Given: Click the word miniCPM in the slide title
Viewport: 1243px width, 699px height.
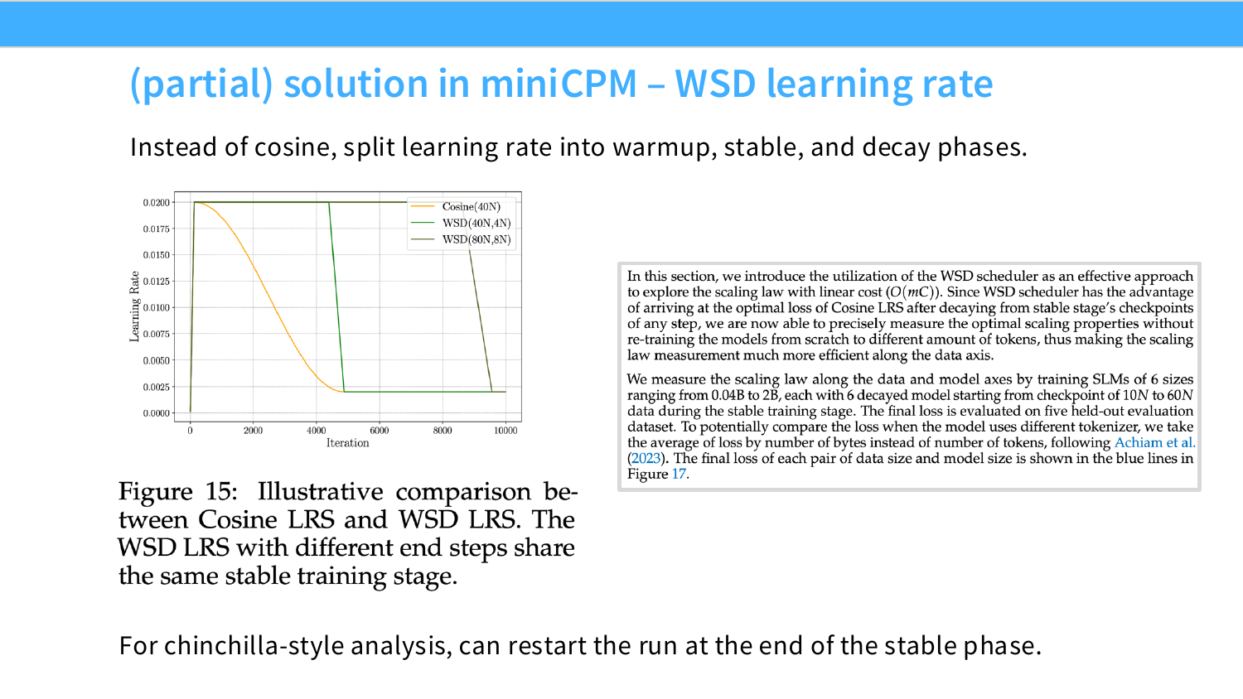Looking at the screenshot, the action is pyautogui.click(x=559, y=84).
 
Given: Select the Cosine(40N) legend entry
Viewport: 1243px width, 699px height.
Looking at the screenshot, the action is pyautogui.click(x=472, y=206).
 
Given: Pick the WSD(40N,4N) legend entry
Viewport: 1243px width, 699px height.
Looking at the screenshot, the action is pyautogui.click(x=476, y=223).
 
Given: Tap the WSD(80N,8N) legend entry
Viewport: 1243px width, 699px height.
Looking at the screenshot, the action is pyautogui.click(x=476, y=239).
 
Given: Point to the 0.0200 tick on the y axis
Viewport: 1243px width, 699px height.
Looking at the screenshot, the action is pyautogui.click(x=157, y=202).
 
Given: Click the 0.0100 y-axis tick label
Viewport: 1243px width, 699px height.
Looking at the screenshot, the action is pyautogui.click(x=157, y=308).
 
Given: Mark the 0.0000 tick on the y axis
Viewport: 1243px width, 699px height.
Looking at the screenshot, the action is pyautogui.click(x=157, y=413).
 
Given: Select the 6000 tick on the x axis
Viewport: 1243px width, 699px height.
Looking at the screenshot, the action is pyautogui.click(x=380, y=431).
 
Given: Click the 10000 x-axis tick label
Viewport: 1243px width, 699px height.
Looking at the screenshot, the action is pyautogui.click(x=505, y=431).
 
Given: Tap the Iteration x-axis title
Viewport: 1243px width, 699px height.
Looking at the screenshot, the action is pyautogui.click(x=347, y=443).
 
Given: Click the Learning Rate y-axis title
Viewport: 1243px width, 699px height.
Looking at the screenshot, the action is pyautogui.click(x=134, y=306).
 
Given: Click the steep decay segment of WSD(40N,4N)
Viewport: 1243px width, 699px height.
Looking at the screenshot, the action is pyautogui.click(x=336, y=296).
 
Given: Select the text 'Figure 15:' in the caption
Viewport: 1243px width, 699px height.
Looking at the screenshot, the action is pyautogui.click(x=177, y=492).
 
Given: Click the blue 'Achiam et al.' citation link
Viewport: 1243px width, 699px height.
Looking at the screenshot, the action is pyautogui.click(x=1155, y=443).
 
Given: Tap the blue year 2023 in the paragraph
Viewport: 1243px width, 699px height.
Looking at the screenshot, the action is pyautogui.click(x=646, y=458).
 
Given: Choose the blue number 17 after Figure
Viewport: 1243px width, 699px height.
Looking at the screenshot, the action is pyautogui.click(x=679, y=475).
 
